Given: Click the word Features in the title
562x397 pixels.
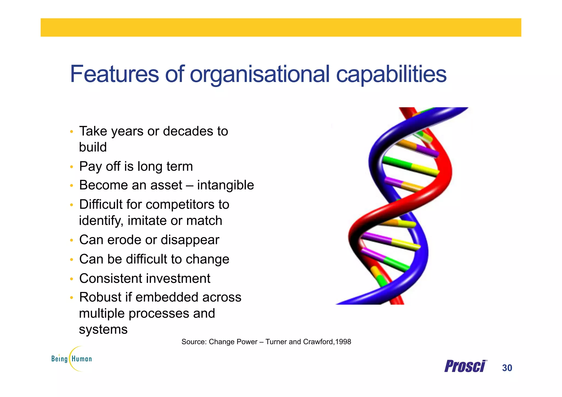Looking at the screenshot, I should tap(114, 74).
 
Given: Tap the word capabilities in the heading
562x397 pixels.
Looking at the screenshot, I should tap(391, 74).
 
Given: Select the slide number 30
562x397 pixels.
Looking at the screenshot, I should tap(507, 368).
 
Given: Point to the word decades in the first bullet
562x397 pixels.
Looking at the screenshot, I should tap(188, 131).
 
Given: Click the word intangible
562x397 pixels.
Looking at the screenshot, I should tap(225, 185).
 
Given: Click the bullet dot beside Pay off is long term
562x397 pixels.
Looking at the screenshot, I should tap(71, 167).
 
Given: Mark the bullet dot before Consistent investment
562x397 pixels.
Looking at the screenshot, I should tap(71, 279).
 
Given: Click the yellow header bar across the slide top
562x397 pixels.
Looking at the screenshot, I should tap(281, 27).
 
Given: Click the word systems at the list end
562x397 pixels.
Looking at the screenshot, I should tap(103, 330).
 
